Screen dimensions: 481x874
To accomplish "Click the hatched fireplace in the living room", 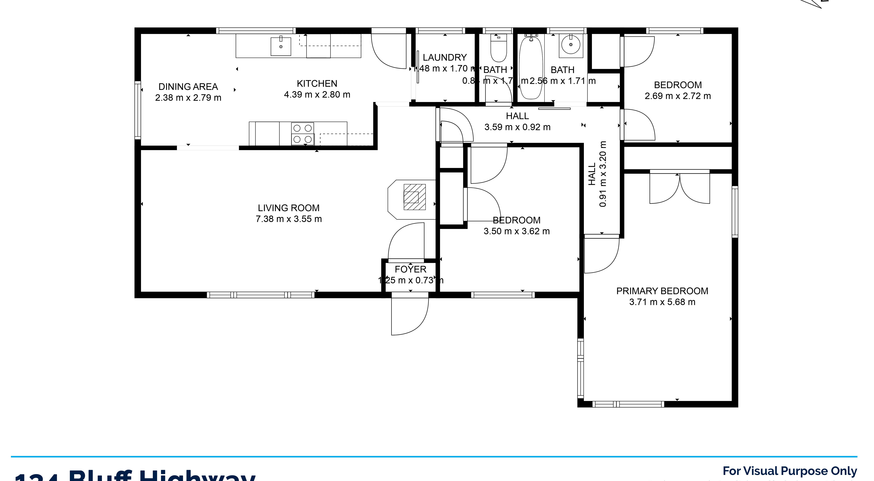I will click(414, 197).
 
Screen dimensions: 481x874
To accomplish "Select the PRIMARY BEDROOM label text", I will click(662, 291).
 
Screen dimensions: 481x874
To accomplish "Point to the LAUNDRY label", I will click(444, 57).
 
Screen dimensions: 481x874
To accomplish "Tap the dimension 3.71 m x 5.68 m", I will click(662, 302).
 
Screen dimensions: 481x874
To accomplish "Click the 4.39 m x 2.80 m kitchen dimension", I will click(317, 94).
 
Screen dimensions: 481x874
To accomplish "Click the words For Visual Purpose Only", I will click(789, 471).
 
